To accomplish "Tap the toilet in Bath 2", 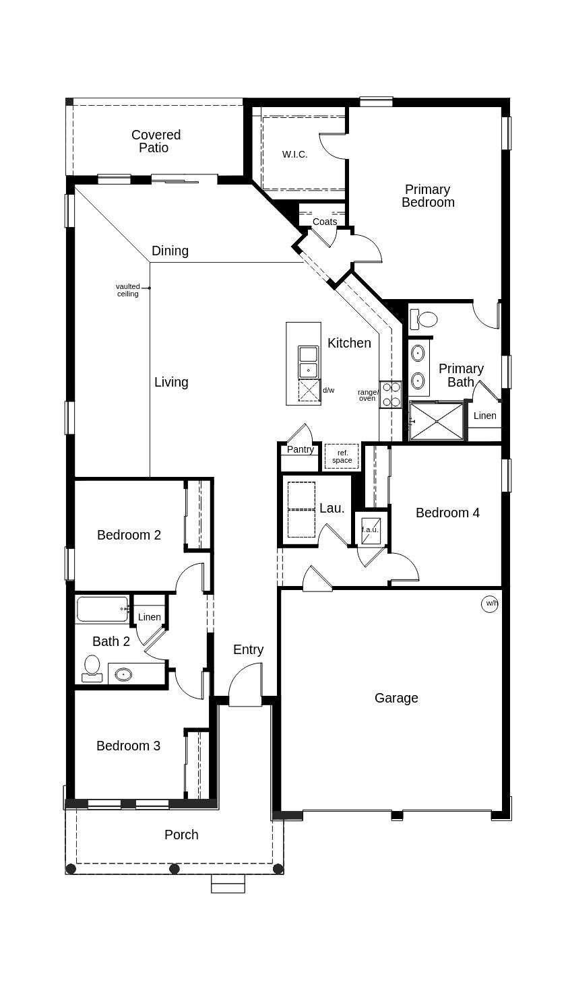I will pos(92,668).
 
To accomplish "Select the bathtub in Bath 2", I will pos(102,609).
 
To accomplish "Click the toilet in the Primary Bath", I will pos(425,319).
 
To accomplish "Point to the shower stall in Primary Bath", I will pos(436,421).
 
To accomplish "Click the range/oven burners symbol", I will pos(390,395).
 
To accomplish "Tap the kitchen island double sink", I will pos(309,362).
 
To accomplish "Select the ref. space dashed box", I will pos(342,457).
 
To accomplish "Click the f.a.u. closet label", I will pos(371,530).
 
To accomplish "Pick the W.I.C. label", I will pos(294,154).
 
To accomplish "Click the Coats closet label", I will pos(325,222).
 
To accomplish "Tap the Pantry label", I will pos(301,449).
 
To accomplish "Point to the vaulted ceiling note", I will pos(127,290).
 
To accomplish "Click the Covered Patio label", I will pos(156,141).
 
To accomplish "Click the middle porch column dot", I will pos(175,869).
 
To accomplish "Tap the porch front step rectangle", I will pos(228,884).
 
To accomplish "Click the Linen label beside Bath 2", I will pos(150,617).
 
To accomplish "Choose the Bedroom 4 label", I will pos(447,513).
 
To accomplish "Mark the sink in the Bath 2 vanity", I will pos(123,674).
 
